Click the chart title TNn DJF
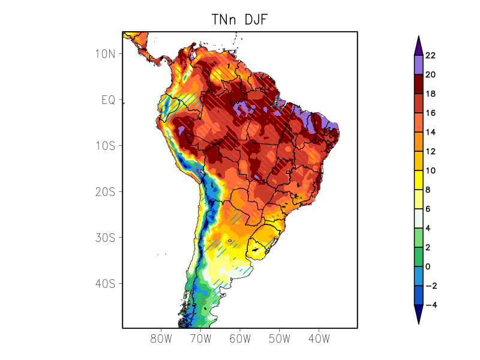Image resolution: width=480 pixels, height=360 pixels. click(239, 19)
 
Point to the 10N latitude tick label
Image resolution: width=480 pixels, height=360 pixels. click(106, 54)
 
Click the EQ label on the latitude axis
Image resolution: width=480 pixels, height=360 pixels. click(108, 100)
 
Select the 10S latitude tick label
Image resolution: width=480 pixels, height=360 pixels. click(106, 146)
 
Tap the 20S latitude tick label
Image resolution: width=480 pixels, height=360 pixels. click(106, 192)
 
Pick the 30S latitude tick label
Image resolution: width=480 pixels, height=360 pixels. click(106, 238)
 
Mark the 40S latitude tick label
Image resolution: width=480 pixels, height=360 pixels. click(106, 283)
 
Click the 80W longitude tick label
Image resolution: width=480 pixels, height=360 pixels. click(161, 338)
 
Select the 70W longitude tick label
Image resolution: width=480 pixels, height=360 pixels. click(200, 338)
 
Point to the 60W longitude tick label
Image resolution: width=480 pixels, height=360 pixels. click(240, 338)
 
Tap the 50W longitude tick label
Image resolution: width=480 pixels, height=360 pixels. click(279, 338)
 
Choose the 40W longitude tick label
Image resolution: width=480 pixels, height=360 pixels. click(319, 338)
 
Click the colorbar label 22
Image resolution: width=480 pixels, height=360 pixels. click(430, 56)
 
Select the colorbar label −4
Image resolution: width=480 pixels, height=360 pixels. click(431, 305)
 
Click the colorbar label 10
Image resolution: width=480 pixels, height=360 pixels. click(430, 171)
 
